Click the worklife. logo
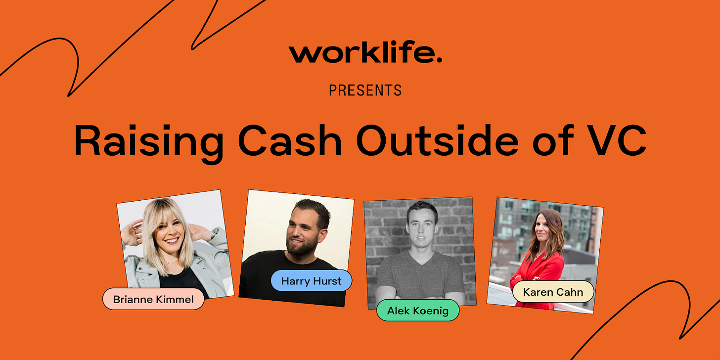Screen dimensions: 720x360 (x=365, y=53)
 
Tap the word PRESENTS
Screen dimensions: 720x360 (x=365, y=90)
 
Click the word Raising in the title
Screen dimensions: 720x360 (x=149, y=142)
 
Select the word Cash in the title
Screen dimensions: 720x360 (x=290, y=141)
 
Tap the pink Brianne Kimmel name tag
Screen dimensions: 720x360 (x=153, y=299)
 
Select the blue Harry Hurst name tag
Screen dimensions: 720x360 (x=311, y=280)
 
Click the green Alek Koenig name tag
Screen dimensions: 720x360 (x=417, y=310)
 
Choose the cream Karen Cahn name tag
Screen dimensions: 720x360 (x=553, y=292)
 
